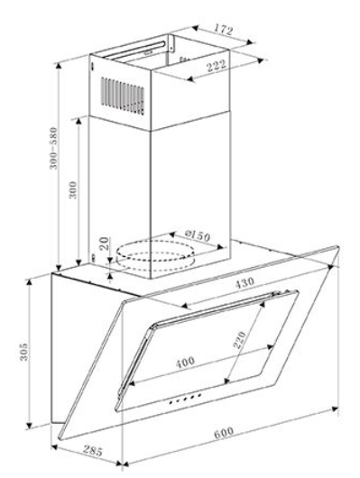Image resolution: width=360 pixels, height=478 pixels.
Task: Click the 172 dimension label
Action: click(x=224, y=30)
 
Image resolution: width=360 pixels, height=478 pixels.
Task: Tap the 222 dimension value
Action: click(x=217, y=65)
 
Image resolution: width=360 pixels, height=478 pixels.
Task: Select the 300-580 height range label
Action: click(x=53, y=148)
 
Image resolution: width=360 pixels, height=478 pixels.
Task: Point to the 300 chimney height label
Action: click(x=73, y=190)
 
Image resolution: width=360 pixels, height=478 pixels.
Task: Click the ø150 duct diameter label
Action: click(x=198, y=235)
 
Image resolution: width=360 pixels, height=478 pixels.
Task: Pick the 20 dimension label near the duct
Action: click(x=105, y=244)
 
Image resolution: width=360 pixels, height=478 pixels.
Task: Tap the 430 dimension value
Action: click(x=245, y=282)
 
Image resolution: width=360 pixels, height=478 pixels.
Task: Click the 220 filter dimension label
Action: click(x=239, y=340)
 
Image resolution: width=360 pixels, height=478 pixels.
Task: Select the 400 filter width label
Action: click(x=185, y=363)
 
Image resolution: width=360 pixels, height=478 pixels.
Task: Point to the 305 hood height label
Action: click(x=23, y=352)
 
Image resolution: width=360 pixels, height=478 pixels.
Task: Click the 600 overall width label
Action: click(x=224, y=433)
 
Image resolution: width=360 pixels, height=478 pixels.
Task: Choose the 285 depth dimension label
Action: click(x=93, y=451)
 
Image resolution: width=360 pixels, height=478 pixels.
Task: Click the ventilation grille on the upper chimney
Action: click(x=123, y=96)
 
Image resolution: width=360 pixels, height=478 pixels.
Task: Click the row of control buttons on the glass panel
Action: click(x=185, y=399)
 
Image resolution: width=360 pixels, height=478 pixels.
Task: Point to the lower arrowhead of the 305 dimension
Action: click(x=29, y=425)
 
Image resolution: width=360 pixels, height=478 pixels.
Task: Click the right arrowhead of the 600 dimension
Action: click(x=335, y=409)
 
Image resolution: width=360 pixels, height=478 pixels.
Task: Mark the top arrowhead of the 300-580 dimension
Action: click(x=59, y=65)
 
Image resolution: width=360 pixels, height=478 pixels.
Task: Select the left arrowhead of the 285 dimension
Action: click(x=55, y=447)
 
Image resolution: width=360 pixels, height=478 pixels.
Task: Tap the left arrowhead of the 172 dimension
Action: click(x=195, y=28)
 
